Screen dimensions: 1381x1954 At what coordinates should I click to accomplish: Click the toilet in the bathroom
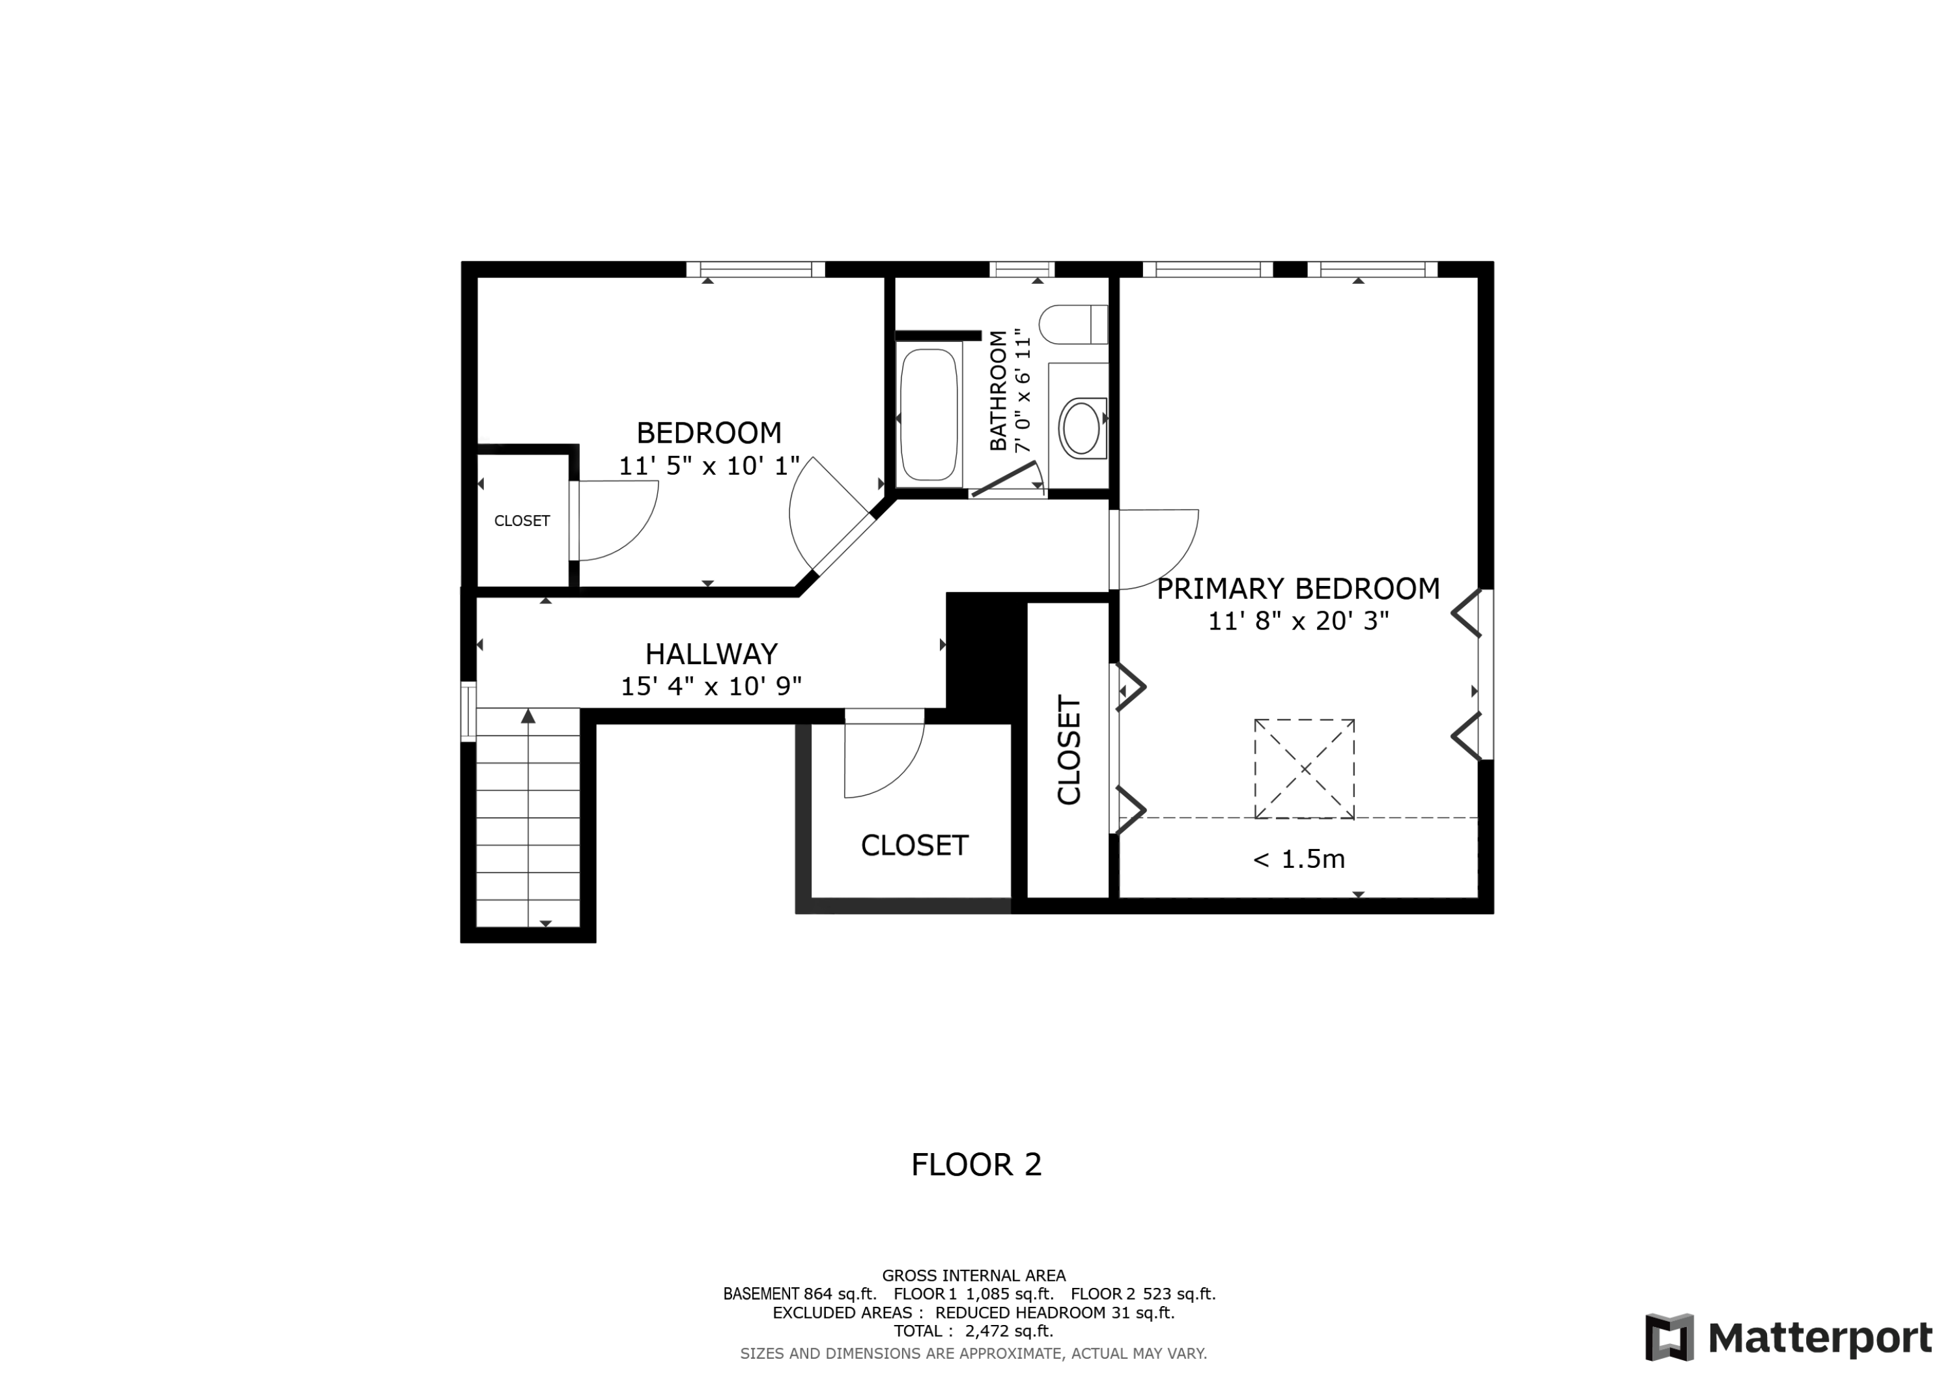1072,324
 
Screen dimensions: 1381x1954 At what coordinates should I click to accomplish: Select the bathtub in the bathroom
929,414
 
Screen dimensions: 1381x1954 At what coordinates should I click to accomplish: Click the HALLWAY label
711,654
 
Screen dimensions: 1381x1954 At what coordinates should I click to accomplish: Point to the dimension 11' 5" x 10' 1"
709,466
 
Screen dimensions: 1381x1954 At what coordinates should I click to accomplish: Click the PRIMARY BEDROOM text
1297,589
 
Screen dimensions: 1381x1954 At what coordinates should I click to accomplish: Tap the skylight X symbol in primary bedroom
1304,769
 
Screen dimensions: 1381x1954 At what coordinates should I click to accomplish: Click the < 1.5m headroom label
1298,859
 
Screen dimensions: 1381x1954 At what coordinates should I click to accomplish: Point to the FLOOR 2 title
976,1165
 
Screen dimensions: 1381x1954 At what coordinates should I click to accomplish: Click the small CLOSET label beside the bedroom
522,521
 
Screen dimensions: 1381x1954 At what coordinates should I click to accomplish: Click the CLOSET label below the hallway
914,846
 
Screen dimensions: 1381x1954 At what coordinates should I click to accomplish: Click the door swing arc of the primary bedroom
1183,562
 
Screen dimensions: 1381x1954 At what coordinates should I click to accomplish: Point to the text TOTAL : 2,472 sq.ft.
972,1331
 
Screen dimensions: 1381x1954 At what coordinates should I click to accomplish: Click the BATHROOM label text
998,391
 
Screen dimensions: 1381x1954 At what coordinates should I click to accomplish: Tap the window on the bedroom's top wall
755,270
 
